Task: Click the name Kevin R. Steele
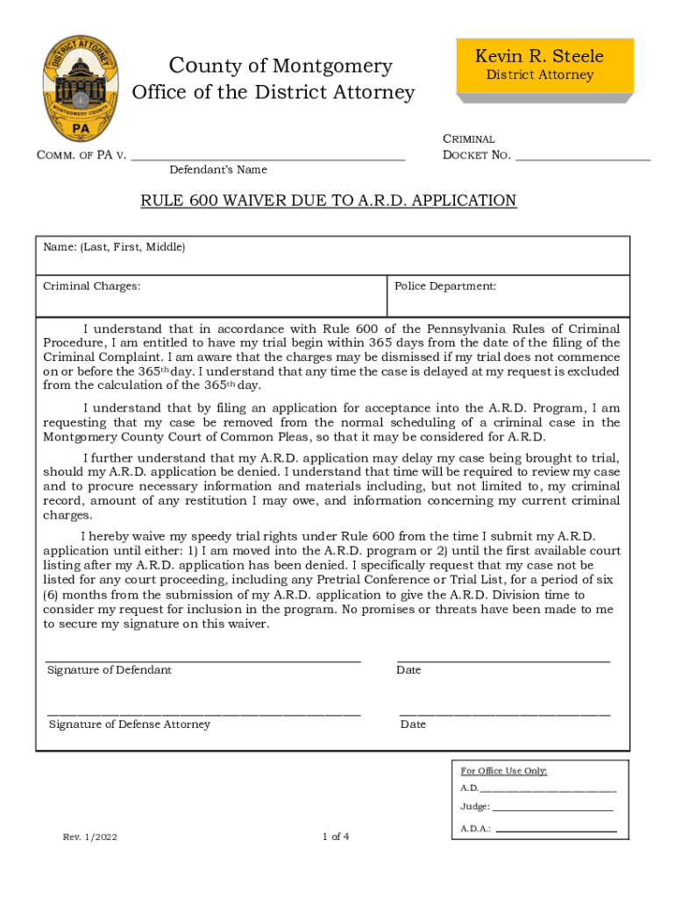pos(539,57)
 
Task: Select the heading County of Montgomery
pos(281,66)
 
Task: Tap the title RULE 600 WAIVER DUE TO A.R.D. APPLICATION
pos(329,201)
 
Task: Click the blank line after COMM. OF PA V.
pos(267,158)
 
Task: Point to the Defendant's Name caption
pos(218,170)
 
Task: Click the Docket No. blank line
pos(583,158)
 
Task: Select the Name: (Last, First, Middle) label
pos(115,248)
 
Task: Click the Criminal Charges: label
pos(92,286)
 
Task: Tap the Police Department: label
pos(445,286)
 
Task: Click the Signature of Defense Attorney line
pos(203,715)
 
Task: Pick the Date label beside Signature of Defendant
pos(409,670)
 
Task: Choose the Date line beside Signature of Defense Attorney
pos(505,715)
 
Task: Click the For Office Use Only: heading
pos(504,771)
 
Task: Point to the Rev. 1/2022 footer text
pos(89,837)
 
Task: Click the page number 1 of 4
pos(336,837)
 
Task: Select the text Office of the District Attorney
pos(273,93)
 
